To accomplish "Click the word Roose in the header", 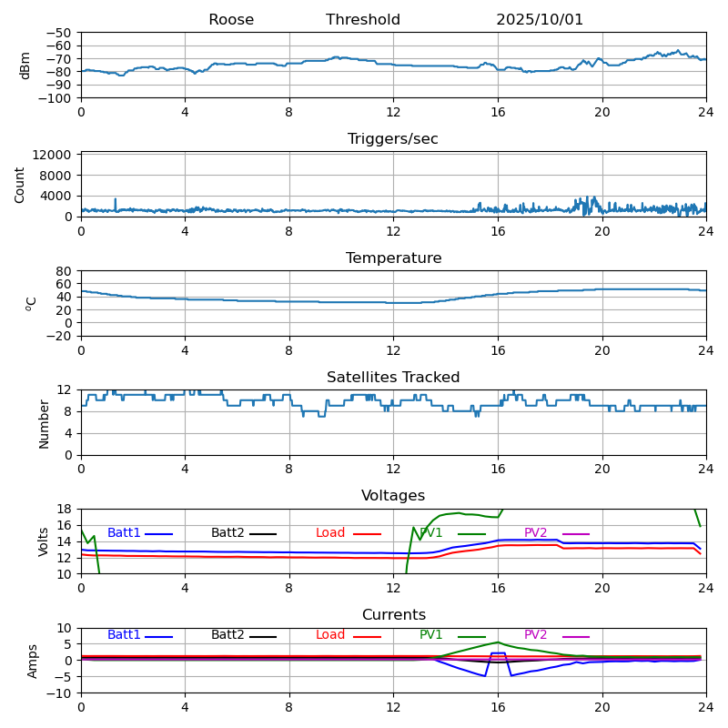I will pos(231,20).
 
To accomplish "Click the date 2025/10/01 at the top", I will pos(540,20).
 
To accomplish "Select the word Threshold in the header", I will pos(363,20).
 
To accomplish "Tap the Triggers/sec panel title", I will pos(393,139).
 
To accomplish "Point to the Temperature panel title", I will pos(393,258).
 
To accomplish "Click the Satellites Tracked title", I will pos(393,378).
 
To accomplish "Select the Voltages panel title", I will pos(393,496).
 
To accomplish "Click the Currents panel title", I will pos(393,615).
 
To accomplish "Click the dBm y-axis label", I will pos(25,65).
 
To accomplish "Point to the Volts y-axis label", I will pos(44,541).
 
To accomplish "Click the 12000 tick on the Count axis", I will pos(54,156).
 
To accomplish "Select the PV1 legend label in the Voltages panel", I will pos(431,533).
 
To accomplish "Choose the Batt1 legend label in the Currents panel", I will pos(124,635).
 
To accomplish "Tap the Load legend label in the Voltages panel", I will pos(329,533).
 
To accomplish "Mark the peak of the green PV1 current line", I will pos(498,642).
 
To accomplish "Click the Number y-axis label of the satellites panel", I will pos(44,423).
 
